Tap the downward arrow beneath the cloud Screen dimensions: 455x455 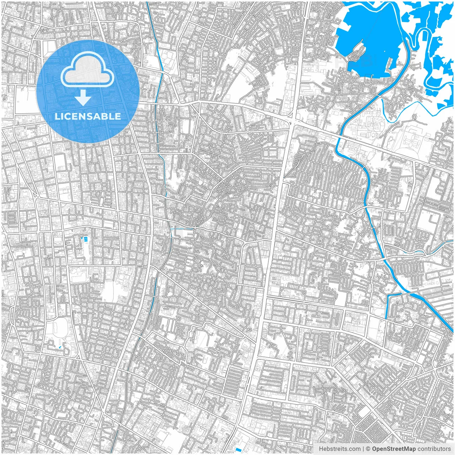coord(83,98)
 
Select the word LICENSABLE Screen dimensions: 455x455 coord(87,116)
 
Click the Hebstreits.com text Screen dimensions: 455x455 coord(339,449)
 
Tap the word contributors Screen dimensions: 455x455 coord(434,449)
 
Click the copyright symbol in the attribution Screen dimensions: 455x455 coord(368,449)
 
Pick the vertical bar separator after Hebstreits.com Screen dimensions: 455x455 coord(363,449)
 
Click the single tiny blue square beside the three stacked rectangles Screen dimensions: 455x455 coord(82,237)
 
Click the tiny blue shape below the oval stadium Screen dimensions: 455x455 coord(59,346)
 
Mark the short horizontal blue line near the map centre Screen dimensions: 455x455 coord(182,229)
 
